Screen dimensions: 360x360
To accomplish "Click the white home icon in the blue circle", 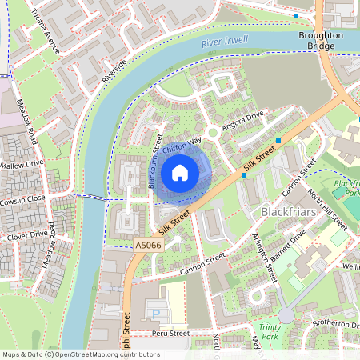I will [180, 172].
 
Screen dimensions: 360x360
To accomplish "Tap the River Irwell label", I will [226, 42].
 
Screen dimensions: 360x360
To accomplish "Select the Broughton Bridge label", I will [320, 41].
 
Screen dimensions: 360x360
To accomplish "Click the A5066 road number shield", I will [148, 245].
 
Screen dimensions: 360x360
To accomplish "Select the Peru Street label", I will [169, 333].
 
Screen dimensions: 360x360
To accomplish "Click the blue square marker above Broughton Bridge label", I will [296, 16].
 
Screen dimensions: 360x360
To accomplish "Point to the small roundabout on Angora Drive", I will [212, 133].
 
